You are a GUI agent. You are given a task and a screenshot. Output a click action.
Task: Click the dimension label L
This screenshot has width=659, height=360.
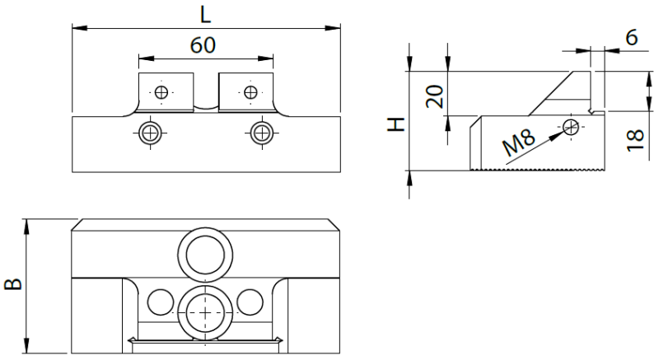(204, 15)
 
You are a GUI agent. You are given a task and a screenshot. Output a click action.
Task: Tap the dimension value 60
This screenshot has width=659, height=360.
(203, 45)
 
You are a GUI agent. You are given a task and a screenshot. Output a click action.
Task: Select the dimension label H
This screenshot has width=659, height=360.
(395, 124)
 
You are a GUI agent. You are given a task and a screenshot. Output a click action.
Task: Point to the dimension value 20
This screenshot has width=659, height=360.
(435, 96)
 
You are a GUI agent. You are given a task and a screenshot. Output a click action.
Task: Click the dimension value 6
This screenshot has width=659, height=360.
(632, 37)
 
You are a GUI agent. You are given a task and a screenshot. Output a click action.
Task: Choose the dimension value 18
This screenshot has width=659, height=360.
(635, 140)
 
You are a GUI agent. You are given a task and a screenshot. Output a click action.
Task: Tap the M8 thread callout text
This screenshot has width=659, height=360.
(519, 143)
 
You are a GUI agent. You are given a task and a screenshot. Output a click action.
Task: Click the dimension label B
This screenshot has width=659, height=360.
(13, 284)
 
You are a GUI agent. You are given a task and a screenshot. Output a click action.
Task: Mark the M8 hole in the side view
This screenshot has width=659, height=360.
(571, 127)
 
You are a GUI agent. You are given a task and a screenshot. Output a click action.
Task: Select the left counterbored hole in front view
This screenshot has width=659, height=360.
(150, 133)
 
